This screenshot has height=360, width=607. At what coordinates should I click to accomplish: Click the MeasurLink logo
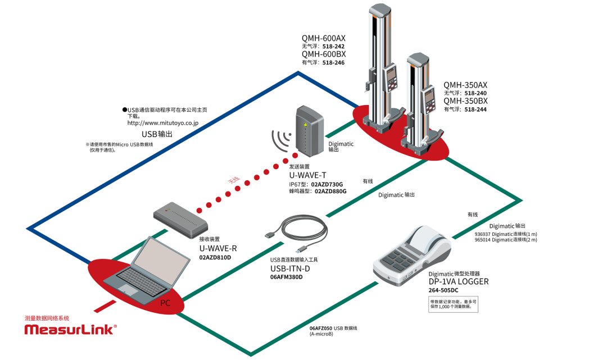tap(70, 329)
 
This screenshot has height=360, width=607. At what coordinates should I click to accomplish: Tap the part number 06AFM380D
tap(286, 277)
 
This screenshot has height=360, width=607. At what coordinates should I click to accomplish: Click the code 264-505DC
tap(443, 290)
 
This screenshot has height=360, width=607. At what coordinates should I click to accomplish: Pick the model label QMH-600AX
tap(324, 38)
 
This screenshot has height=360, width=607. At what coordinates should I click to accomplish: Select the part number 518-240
tap(475, 93)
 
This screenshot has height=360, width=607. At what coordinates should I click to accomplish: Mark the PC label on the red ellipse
tap(165, 303)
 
